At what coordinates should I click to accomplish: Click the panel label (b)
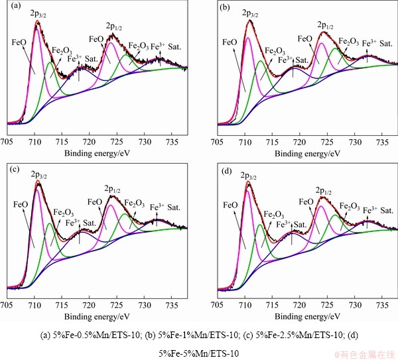224,9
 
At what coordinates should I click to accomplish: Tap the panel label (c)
11,169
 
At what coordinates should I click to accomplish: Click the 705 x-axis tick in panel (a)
7,141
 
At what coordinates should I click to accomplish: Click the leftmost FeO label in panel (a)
20,41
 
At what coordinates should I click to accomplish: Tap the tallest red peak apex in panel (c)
38,182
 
